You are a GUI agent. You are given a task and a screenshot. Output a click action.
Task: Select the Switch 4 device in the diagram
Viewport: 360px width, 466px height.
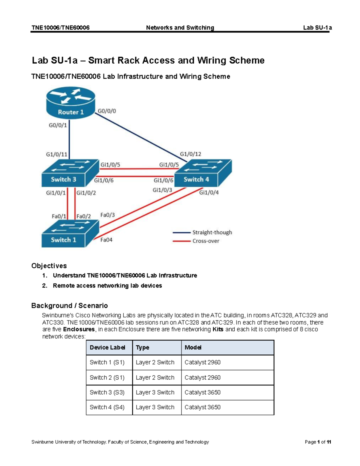pos(203,173)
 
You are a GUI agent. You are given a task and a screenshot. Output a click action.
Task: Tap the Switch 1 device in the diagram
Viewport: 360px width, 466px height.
pos(70,234)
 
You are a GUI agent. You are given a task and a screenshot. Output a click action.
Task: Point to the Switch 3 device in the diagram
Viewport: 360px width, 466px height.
pos(70,173)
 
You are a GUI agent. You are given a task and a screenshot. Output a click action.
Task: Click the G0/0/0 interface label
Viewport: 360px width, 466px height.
pos(107,111)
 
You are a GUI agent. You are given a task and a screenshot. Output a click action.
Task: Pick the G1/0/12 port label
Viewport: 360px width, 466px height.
pos(190,154)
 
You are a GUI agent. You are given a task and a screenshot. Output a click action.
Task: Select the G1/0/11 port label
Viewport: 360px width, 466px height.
pos(56,155)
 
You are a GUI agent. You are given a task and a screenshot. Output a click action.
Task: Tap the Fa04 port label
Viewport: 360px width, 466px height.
pos(106,240)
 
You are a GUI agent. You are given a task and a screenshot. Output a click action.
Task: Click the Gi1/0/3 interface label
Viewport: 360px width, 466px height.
pos(162,190)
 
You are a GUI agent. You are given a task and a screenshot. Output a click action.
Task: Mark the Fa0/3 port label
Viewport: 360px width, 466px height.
pos(107,215)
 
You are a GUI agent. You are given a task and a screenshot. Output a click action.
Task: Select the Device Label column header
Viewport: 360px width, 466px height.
pos(107,347)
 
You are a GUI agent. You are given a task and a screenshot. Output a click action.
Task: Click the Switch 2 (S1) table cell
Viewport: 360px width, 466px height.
pos(107,377)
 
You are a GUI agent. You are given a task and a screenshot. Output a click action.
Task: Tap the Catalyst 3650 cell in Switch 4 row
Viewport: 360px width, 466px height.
pos(202,407)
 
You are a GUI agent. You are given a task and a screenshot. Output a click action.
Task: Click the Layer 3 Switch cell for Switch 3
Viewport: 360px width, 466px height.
pos(155,392)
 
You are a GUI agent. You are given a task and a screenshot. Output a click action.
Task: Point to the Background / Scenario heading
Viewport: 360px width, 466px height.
pos(70,305)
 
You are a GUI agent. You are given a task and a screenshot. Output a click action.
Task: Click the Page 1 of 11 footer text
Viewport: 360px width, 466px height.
pos(318,442)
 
